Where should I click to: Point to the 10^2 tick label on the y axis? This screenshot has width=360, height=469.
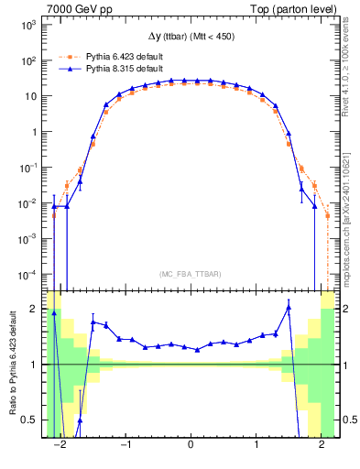point(29,60)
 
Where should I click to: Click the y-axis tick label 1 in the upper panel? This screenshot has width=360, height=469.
point(36,132)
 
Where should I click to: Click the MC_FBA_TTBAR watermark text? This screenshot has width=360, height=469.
point(191,275)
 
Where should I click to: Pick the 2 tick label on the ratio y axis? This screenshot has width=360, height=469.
point(36,309)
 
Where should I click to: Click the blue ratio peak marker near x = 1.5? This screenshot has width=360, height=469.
point(289,308)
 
